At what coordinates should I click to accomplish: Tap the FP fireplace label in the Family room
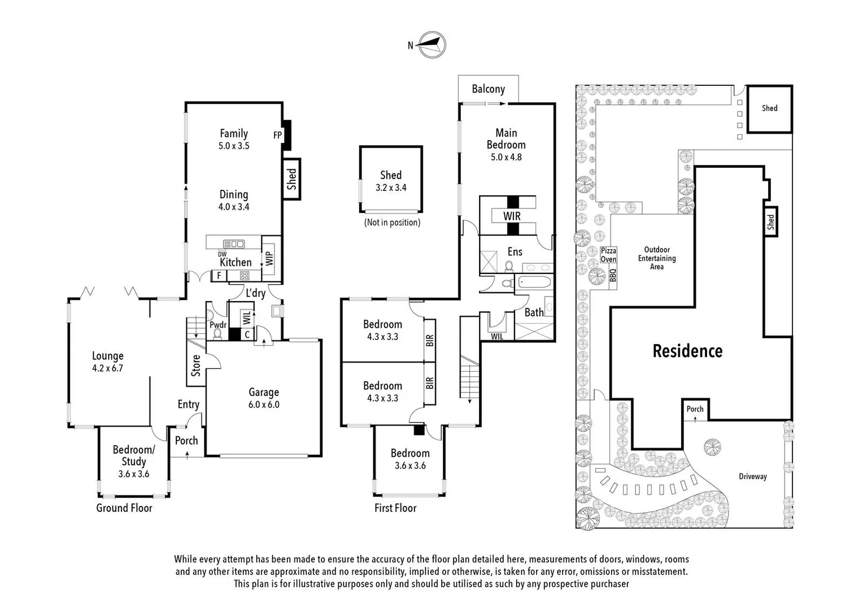[x=277, y=135]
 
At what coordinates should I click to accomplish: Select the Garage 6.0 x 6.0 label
[x=264, y=398]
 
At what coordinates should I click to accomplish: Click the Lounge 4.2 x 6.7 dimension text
[x=107, y=368]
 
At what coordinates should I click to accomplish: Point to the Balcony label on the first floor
[x=488, y=89]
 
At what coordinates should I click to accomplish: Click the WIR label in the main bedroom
[x=512, y=216]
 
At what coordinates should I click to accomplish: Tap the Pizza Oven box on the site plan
[x=608, y=255]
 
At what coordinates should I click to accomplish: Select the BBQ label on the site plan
[x=613, y=275]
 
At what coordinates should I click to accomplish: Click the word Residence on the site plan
[x=687, y=351]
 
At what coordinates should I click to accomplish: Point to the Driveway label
[x=753, y=476]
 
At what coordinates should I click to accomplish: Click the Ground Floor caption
[x=124, y=508]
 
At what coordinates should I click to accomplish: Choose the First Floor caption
[x=395, y=508]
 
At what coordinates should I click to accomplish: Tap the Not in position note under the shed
[x=392, y=222]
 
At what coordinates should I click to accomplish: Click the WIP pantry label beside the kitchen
[x=269, y=258]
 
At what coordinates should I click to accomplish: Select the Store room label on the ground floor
[x=196, y=365]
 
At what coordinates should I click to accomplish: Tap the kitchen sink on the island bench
[x=234, y=244]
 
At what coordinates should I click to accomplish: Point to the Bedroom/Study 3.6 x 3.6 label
[x=133, y=461]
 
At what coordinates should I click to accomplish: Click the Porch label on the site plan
[x=695, y=409]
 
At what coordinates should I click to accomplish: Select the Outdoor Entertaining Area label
[x=656, y=258]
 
